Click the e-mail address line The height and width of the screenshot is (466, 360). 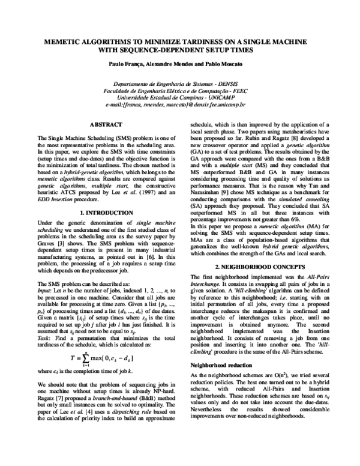pyautogui.click(x=179, y=103)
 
